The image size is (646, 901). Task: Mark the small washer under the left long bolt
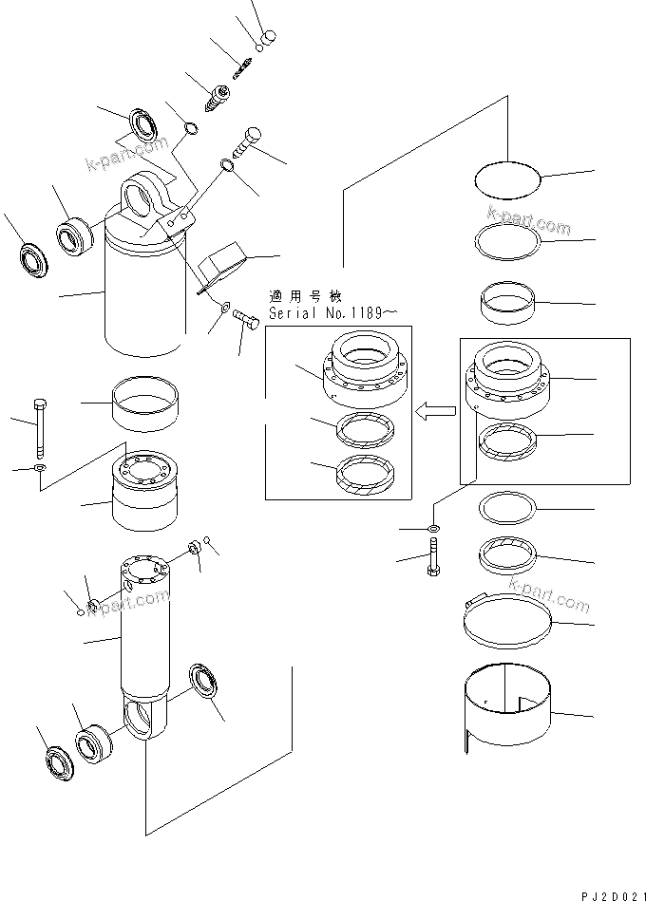pos(37,469)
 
